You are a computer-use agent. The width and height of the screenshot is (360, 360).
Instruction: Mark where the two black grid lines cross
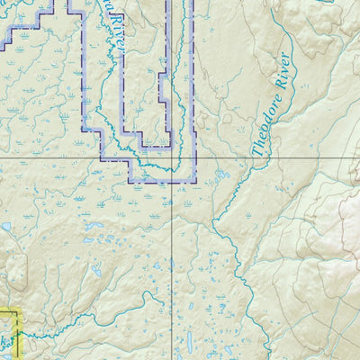tap(173, 157)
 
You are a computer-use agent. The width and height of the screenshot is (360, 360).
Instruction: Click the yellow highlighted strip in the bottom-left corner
tap(9, 333)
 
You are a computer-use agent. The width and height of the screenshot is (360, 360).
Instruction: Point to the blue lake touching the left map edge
tap(4, 227)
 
